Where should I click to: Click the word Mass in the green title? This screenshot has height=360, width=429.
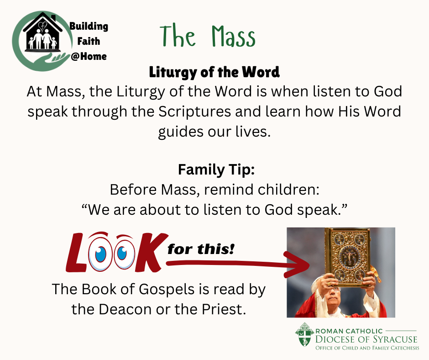point(233,37)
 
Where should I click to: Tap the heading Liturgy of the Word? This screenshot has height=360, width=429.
point(214,72)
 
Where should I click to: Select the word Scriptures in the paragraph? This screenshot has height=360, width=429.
point(194,111)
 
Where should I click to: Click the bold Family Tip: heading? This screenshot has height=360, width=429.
point(216,169)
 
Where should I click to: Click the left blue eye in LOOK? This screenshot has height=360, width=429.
point(100,254)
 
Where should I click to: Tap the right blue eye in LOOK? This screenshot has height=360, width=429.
point(122,254)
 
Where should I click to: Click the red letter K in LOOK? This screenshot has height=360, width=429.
point(151,253)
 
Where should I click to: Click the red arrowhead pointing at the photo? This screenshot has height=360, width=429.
point(297,265)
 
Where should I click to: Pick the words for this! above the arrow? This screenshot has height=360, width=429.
point(201,249)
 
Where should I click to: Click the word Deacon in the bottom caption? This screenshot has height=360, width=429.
point(125,309)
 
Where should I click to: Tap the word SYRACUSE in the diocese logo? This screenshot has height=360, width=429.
point(395,339)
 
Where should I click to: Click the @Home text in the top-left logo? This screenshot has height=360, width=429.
point(89,57)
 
